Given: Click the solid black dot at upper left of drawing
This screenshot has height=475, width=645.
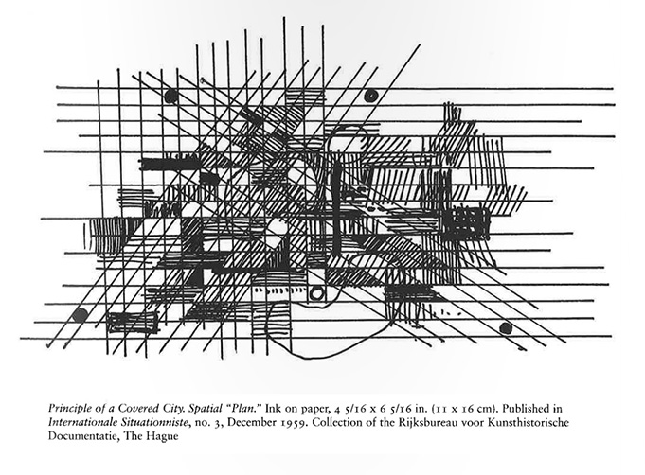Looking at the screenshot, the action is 170,97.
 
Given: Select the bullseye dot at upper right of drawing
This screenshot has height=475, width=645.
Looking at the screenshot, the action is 371,96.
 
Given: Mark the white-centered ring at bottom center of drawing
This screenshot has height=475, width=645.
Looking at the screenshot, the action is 317,293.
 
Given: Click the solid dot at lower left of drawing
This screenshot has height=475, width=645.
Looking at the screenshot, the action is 80,316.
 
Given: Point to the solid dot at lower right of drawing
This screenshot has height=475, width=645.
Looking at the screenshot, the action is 506,328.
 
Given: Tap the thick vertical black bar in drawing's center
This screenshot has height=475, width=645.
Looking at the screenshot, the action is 337,207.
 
